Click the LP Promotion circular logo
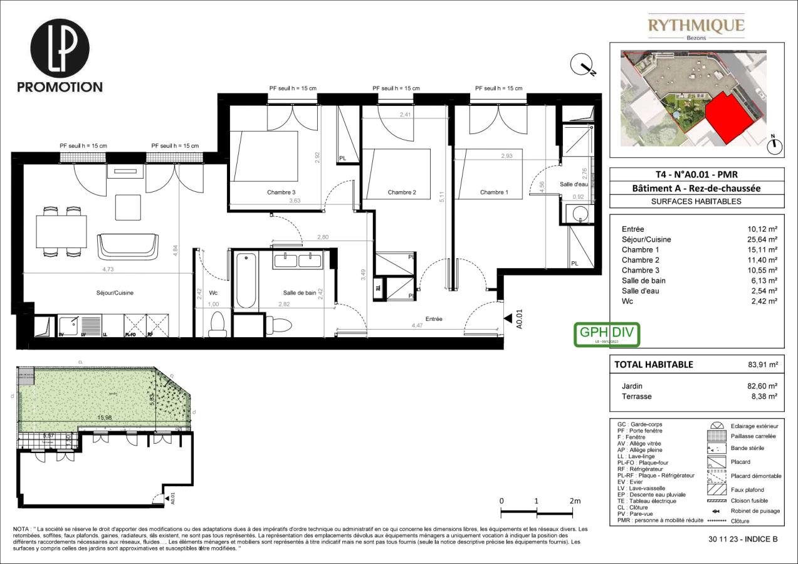coord(60,48)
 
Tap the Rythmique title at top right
coord(696,26)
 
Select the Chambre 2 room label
coord(402,192)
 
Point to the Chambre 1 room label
coord(494,192)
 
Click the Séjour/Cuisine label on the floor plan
coord(115,293)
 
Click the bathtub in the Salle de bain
coord(246,280)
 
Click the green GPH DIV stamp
coord(607,334)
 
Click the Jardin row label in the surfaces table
coord(632,386)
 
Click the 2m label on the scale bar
coord(575,501)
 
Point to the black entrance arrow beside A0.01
coord(507,319)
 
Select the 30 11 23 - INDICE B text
coord(743,539)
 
